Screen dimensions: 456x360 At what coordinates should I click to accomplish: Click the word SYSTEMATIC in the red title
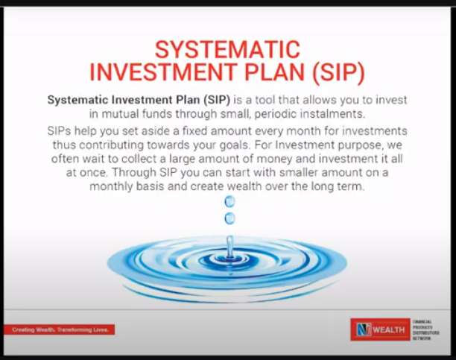pos(227,50)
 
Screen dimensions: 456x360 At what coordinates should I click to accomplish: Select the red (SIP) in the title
pos(338,72)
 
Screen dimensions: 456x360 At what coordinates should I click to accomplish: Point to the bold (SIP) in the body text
pos(217,100)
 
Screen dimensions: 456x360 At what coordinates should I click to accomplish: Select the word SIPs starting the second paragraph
pos(59,131)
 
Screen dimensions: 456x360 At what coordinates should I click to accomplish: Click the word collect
pos(140,159)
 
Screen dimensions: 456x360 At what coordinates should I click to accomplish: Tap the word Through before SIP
pos(134,173)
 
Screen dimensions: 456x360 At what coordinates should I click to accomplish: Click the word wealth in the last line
pos(244,186)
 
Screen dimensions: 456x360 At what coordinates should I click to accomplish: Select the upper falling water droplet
pos(229,201)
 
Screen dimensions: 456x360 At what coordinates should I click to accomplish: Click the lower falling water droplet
pos(229,218)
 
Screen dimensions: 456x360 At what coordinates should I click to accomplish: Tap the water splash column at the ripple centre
pos(229,247)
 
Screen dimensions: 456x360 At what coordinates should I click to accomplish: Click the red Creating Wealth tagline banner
pos(60,329)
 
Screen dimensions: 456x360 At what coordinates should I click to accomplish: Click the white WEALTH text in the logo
pos(389,329)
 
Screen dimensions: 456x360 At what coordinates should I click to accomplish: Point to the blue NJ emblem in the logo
pos(364,329)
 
